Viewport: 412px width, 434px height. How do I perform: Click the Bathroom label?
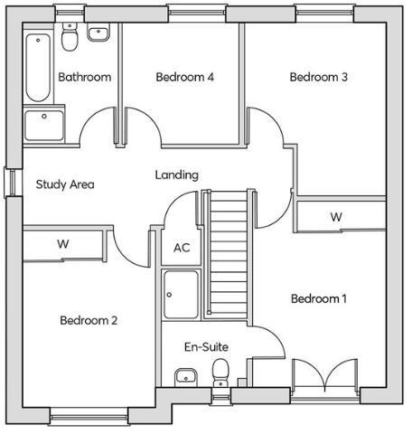[x=84, y=78]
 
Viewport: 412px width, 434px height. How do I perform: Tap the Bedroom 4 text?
[x=184, y=78]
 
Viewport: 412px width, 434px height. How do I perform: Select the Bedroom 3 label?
[x=318, y=78]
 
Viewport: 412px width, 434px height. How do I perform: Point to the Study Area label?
[x=65, y=184]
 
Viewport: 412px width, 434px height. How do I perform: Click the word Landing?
[x=177, y=175]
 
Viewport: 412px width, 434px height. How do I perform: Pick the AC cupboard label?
[x=181, y=248]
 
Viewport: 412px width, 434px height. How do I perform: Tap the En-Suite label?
[x=206, y=346]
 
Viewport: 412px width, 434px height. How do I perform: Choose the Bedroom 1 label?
[x=318, y=298]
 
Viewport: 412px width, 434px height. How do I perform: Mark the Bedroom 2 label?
[x=89, y=320]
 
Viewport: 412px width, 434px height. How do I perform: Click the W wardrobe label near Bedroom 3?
[x=336, y=217]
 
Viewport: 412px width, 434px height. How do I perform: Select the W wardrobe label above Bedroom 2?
[x=63, y=244]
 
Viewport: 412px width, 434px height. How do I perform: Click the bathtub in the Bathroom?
[x=38, y=68]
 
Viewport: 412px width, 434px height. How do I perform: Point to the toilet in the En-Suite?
[x=220, y=372]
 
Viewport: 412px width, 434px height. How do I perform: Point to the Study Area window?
[x=10, y=182]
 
